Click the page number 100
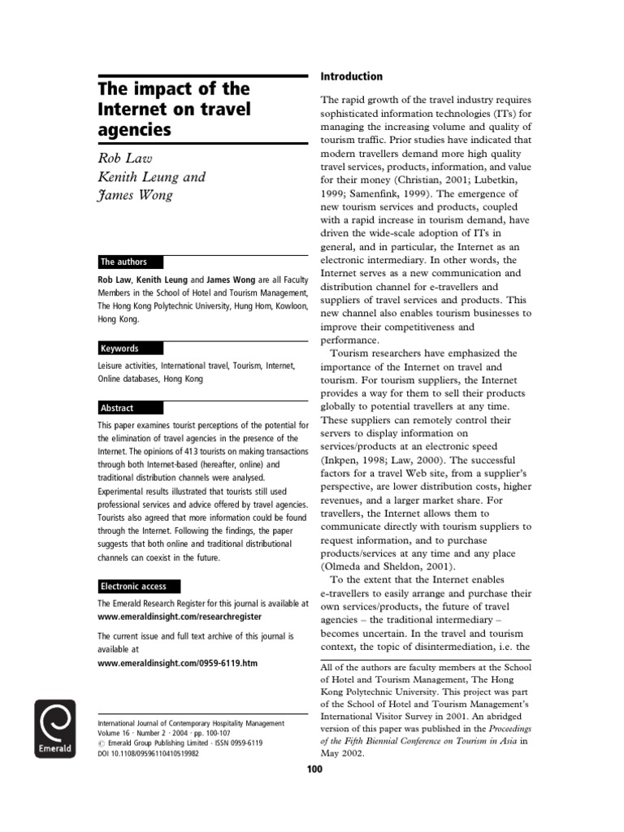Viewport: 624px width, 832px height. click(x=314, y=769)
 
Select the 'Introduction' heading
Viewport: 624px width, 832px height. click(x=351, y=76)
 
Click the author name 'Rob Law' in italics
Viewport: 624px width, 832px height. click(x=124, y=157)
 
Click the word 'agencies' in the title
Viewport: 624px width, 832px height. click(x=134, y=128)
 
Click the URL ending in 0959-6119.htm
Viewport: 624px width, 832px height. click(x=177, y=663)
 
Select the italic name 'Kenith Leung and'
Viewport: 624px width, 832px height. click(x=151, y=176)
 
